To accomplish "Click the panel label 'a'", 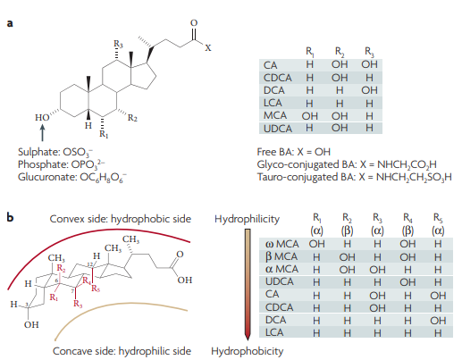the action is pos(10,23).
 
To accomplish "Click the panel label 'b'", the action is pos(10,217).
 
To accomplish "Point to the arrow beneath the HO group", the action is pos(43,132).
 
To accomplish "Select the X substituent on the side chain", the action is pos(208,48).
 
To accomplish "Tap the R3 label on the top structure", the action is pos(118,45).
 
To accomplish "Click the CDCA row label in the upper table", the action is pos(278,78).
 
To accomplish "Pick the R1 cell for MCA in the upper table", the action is pos(310,115).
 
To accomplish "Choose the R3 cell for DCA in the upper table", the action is pos(369,90).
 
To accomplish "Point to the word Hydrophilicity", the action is pos(247,219).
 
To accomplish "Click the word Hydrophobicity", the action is pos(247,351).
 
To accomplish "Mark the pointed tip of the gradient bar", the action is pos(248,339).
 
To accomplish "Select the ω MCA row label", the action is pos(281,244).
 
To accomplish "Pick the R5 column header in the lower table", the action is pos(438,225).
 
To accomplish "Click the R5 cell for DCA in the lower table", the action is pos(438,321).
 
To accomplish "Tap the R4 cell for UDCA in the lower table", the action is pos(407,282).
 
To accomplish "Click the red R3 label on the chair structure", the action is pos(78,304).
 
